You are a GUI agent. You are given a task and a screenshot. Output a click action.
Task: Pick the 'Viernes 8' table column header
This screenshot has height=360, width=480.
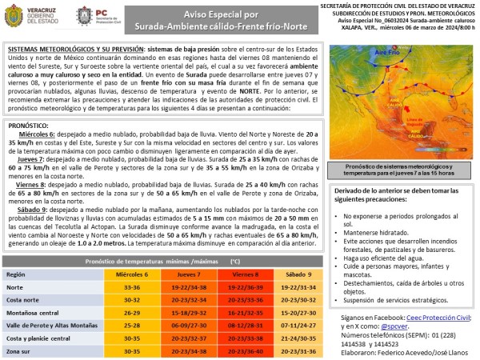[240, 274]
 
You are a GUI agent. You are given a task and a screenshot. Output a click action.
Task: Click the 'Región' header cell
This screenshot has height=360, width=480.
[17, 274]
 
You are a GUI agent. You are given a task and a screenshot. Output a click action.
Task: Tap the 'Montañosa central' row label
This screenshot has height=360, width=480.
[37, 313]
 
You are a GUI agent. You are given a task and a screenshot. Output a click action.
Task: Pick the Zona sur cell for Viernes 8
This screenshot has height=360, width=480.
[240, 351]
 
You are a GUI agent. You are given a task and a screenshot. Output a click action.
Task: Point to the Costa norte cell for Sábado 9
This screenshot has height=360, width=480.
[296, 300]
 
